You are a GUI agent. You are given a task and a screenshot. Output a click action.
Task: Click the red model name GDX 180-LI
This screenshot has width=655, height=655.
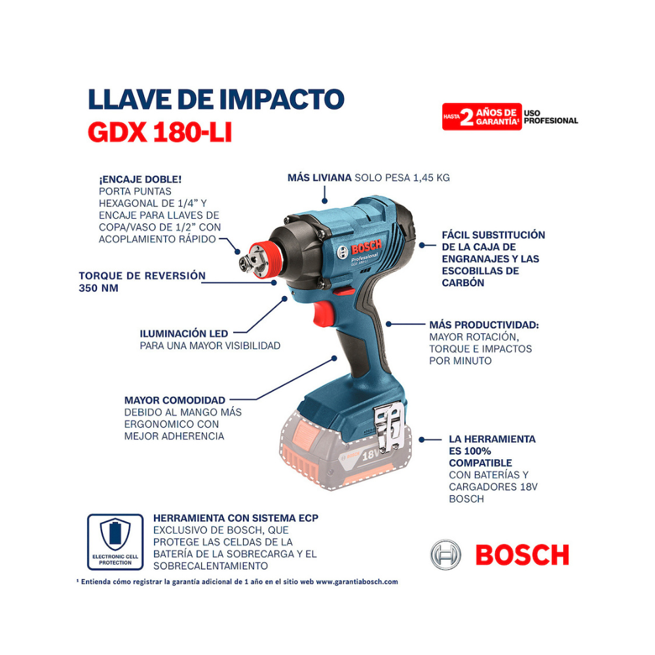160,132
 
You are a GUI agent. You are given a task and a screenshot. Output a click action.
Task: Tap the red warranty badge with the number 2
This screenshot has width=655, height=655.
481,117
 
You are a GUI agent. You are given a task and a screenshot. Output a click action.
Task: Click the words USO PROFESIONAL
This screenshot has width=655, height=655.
551,117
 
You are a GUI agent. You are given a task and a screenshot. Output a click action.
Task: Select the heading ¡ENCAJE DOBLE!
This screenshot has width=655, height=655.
140,179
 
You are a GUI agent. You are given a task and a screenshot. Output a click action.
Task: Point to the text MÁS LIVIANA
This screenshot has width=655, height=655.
319,178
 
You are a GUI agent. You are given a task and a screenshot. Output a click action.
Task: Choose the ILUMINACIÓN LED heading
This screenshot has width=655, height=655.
184,333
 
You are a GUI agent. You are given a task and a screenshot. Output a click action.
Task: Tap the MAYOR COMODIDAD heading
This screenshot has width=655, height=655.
175,400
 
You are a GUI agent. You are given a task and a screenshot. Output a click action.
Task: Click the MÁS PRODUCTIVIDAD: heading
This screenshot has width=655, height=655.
484,325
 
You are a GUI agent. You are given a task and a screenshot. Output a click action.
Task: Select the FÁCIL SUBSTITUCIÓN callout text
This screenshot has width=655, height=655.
493,259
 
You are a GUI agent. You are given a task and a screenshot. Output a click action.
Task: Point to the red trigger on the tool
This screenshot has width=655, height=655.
324,313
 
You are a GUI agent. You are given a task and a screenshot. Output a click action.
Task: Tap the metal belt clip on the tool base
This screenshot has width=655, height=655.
389,427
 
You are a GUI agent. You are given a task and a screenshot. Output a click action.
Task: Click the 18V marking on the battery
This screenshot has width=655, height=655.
371,454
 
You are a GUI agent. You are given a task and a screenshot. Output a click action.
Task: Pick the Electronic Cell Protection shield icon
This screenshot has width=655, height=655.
115,534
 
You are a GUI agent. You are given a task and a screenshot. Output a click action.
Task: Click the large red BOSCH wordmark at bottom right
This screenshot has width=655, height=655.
522,555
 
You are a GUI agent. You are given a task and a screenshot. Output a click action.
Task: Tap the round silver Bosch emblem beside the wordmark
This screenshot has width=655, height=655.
445,555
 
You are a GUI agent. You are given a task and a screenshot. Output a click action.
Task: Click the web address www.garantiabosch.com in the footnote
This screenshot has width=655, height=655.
357,582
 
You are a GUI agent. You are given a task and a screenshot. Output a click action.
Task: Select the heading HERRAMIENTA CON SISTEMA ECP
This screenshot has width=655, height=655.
236,518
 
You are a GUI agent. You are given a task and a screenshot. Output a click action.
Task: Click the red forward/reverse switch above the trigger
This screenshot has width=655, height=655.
344,291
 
